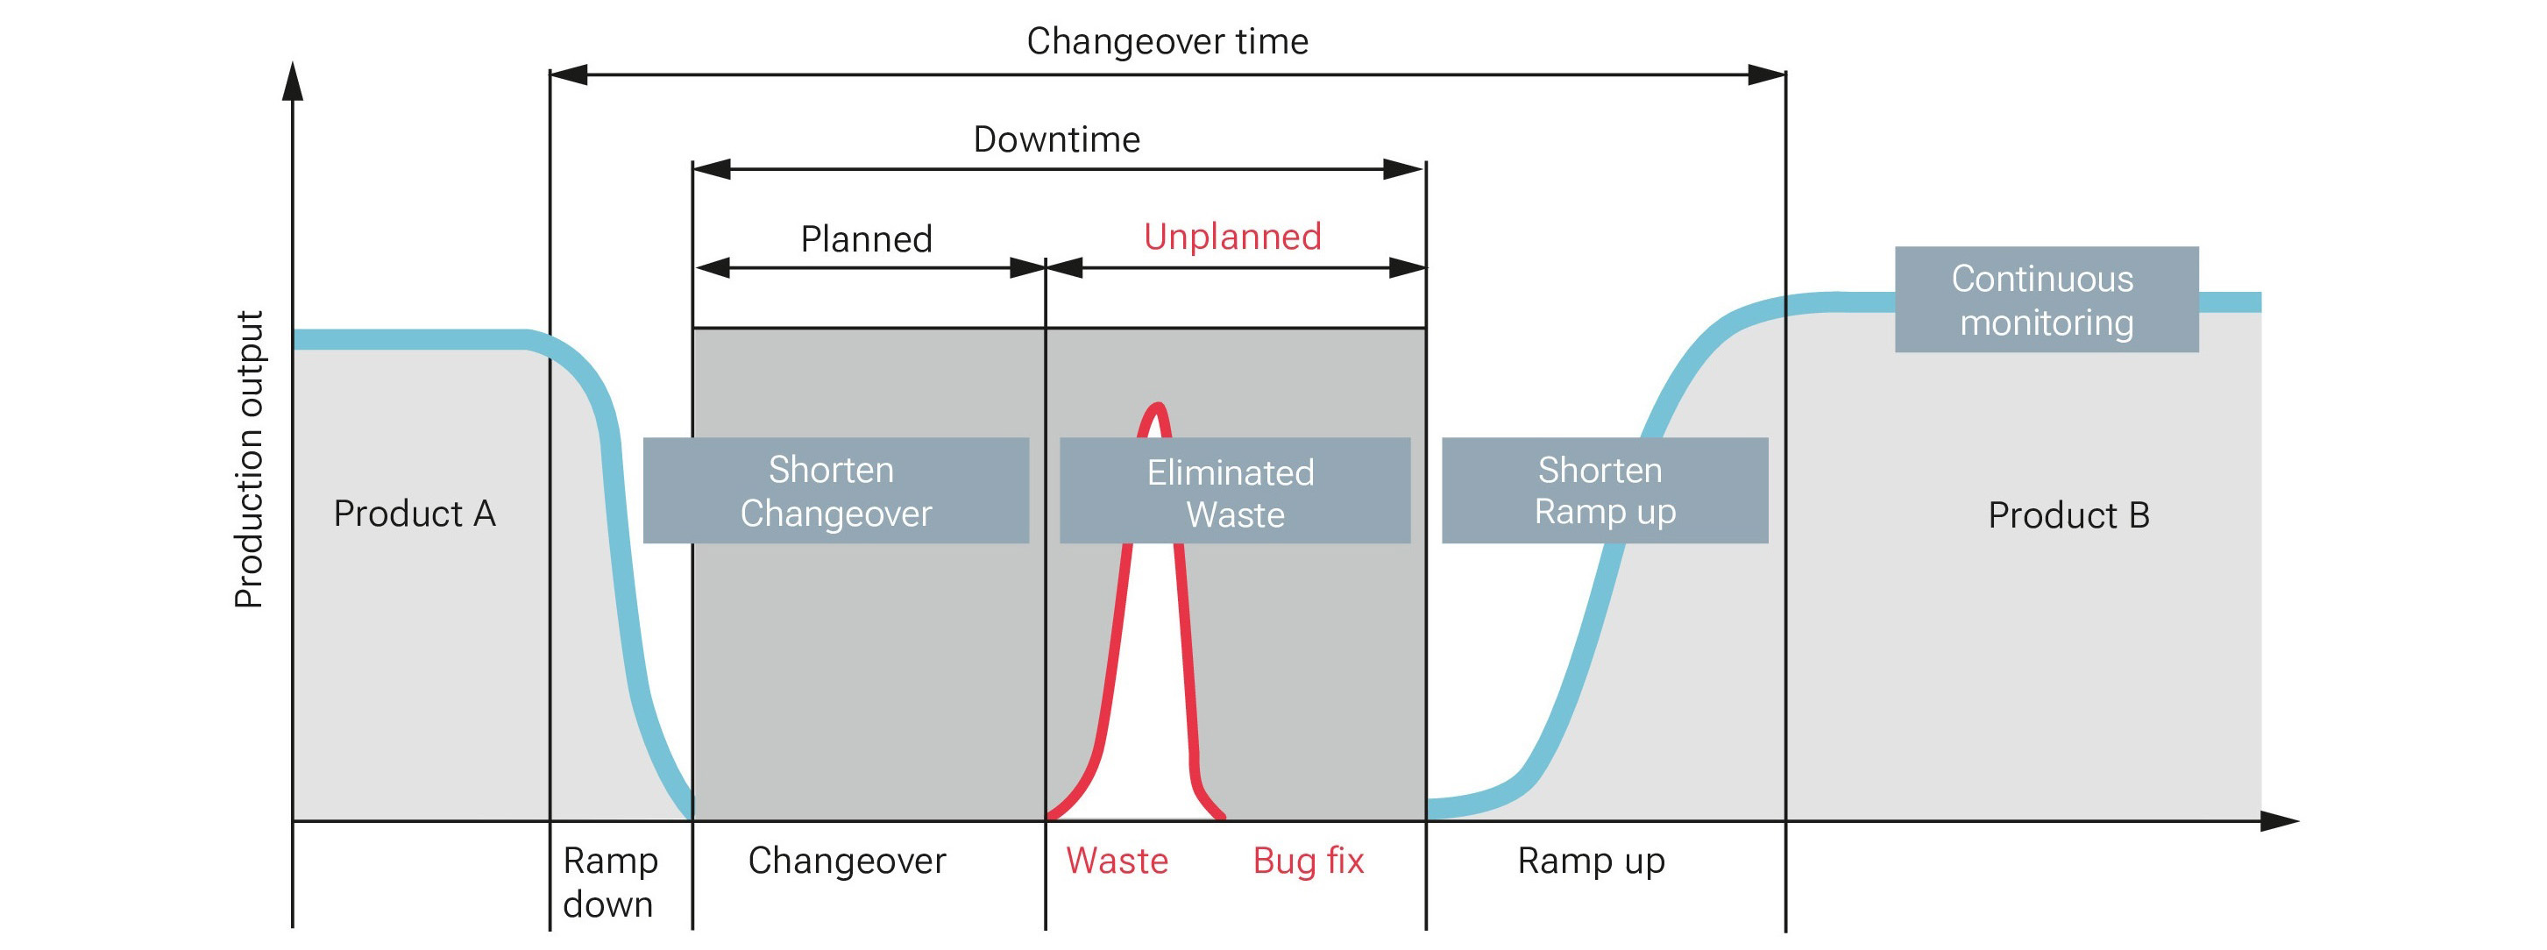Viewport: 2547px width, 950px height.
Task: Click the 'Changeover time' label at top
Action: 1167,41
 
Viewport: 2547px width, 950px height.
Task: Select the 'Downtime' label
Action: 1056,139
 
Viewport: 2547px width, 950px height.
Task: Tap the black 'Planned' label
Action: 866,239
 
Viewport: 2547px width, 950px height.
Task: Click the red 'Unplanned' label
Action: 1232,237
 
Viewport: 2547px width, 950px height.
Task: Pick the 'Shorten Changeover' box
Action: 835,490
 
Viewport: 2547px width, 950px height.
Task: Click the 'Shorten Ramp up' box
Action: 1604,490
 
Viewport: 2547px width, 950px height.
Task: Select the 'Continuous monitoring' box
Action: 2046,300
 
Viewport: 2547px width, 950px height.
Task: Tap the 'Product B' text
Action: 2068,515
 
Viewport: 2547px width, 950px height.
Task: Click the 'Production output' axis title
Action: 249,460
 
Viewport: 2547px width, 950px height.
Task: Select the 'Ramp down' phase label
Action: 609,882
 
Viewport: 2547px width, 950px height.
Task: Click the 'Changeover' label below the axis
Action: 847,861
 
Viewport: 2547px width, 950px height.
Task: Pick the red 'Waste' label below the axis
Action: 1117,861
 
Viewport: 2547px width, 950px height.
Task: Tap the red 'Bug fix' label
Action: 1307,861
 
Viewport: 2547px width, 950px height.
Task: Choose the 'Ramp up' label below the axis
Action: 1590,861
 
